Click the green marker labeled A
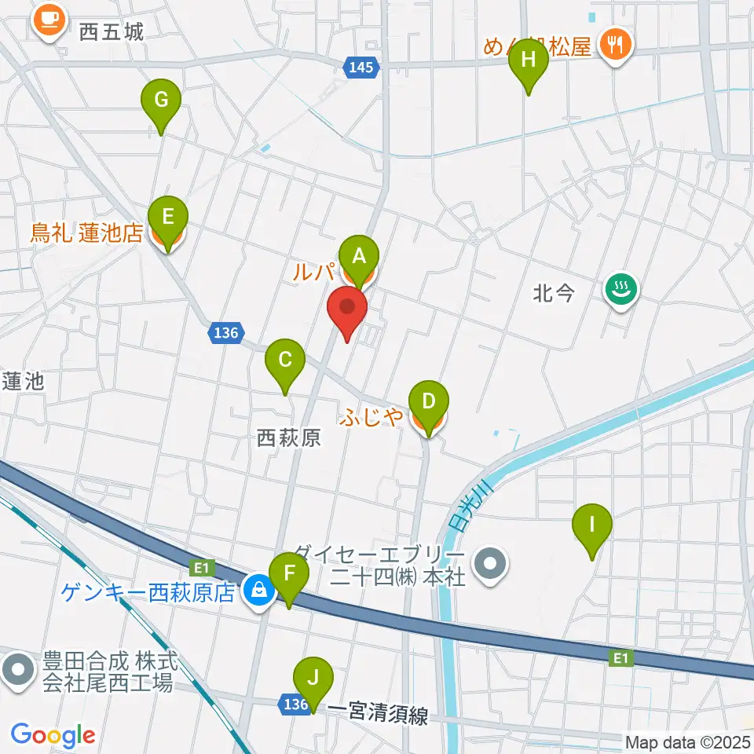[x=359, y=256]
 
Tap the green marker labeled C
[x=284, y=361]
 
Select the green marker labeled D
[x=428, y=402]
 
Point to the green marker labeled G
[x=161, y=101]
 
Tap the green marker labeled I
[x=593, y=525]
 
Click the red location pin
[x=346, y=307]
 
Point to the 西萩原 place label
[x=289, y=437]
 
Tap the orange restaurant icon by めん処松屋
[x=613, y=43]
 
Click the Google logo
[x=53, y=735]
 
